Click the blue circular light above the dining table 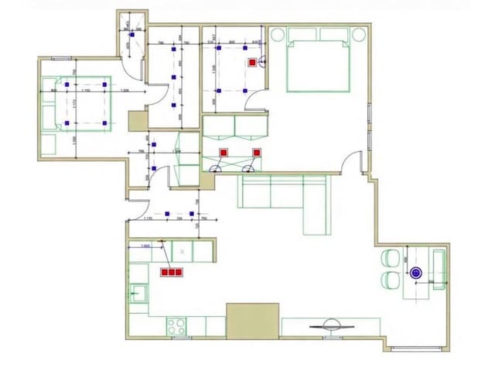416,272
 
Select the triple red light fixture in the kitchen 171,272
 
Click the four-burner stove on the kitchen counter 174,325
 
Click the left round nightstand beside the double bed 278,34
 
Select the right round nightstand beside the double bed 359,34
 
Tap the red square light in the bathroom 252,62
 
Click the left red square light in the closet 224,153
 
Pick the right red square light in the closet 256,153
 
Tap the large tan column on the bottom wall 252,320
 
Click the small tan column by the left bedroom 138,120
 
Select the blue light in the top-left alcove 132,34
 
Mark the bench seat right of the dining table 439,268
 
